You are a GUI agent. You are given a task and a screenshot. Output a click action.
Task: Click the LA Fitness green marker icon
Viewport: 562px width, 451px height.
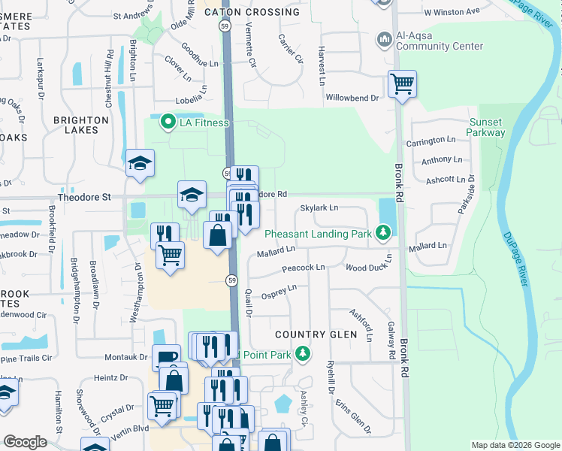pos(167,121)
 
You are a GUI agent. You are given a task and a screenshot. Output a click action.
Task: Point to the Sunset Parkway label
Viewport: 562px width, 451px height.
pos(486,127)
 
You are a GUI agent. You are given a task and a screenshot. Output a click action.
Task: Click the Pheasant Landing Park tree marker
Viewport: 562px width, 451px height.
pos(383,233)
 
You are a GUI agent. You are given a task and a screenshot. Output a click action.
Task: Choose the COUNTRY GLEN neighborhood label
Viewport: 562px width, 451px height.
pos(313,334)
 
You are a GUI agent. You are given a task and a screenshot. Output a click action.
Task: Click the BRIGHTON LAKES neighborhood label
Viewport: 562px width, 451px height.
pos(81,125)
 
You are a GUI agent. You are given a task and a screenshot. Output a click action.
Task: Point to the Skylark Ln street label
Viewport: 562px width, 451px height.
pos(319,207)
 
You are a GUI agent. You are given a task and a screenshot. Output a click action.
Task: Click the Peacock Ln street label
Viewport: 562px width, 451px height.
pos(303,268)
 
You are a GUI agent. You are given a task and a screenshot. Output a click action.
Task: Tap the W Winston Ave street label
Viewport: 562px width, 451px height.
pos(452,12)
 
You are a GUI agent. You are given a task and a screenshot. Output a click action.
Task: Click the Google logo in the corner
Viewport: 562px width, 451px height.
pos(25,442)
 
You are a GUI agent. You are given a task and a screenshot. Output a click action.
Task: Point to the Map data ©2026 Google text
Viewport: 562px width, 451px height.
pos(515,445)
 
